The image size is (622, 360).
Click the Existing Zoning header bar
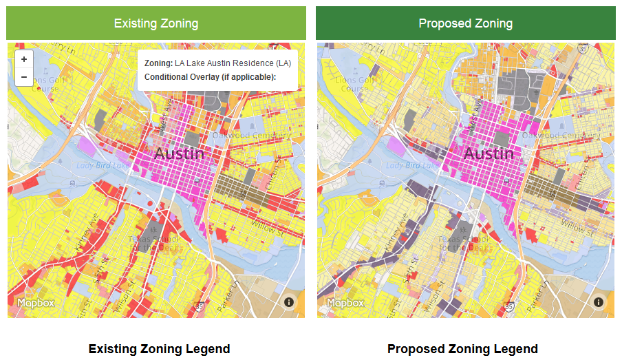(156, 23)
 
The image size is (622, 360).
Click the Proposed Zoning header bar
(465, 23)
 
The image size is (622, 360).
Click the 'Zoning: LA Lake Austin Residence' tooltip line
(217, 63)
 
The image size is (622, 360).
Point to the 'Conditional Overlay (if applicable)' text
(210, 76)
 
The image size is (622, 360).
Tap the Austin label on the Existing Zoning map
(179, 153)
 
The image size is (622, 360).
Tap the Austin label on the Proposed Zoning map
(489, 153)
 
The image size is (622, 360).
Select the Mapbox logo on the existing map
(36, 303)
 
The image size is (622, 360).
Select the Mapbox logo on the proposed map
(345, 303)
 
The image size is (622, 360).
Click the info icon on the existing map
(289, 302)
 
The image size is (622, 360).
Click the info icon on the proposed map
(599, 302)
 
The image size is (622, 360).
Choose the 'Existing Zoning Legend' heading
(159, 349)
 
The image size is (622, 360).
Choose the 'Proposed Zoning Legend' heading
(462, 349)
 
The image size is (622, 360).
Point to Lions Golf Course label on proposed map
(355, 84)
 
